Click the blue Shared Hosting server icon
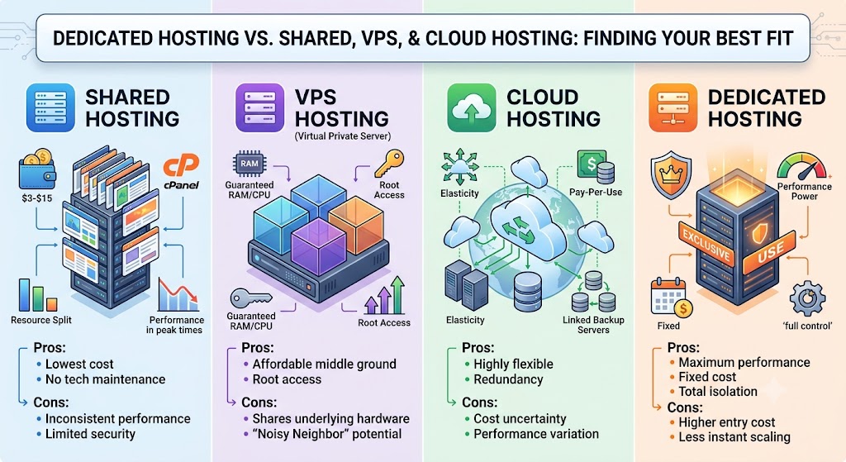50,108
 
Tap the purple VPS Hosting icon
260,108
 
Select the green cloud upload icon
472,108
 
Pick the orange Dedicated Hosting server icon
673,108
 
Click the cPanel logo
181,172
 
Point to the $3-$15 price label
37,198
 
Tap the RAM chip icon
250,164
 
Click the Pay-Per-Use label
596,192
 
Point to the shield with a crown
671,174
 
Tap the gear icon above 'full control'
807,298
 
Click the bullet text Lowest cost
79,364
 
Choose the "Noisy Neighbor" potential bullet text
327,434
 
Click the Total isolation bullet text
718,391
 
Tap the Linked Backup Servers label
593,324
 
